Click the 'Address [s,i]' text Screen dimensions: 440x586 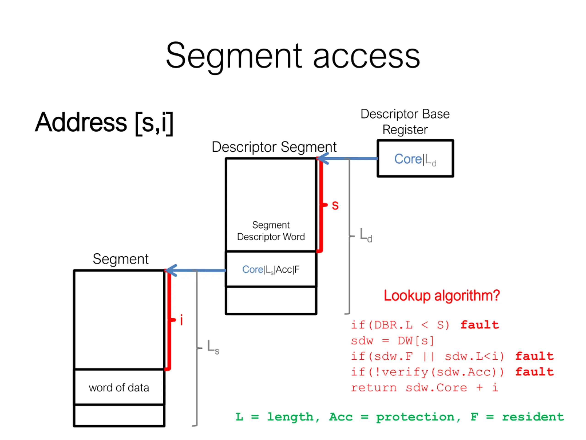[104, 123]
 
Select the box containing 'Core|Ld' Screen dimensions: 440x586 [415, 159]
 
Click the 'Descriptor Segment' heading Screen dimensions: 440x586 [274, 147]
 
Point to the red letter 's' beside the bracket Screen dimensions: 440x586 [335, 205]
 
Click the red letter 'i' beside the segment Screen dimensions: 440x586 [182, 320]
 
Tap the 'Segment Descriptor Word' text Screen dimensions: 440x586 [271, 231]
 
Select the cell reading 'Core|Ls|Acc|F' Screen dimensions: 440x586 [271, 269]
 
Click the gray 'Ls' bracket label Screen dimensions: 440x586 [213, 347]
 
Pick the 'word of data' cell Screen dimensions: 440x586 [119, 388]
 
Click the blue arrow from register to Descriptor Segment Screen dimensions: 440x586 [347, 159]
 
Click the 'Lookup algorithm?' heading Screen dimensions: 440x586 [442, 295]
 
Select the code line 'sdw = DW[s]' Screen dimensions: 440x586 [392, 341]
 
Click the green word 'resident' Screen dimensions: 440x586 [533, 417]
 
